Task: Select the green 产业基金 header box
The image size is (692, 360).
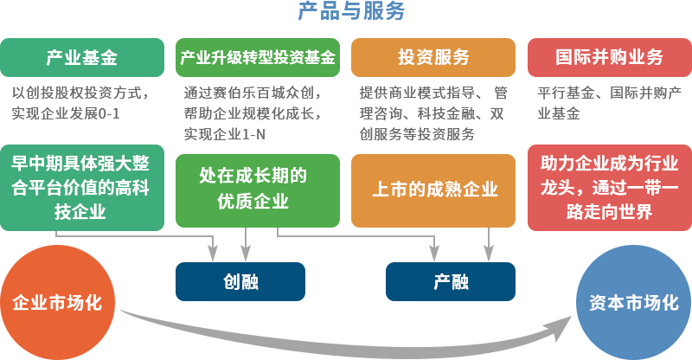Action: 81,58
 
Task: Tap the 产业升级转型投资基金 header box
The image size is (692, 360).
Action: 258,58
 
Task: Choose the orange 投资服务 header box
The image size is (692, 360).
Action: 433,58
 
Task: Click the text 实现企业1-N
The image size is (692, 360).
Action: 225,132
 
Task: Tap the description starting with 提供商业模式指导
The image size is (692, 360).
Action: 432,112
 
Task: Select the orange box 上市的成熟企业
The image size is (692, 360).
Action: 433,190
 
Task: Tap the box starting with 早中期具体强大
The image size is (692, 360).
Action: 81,188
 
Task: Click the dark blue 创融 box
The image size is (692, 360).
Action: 240,282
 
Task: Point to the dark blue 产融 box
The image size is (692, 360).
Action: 451,282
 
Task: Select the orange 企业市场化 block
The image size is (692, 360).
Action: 57,303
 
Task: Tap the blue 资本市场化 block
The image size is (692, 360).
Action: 633,303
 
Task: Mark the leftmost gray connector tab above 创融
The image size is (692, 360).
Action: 213,253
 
